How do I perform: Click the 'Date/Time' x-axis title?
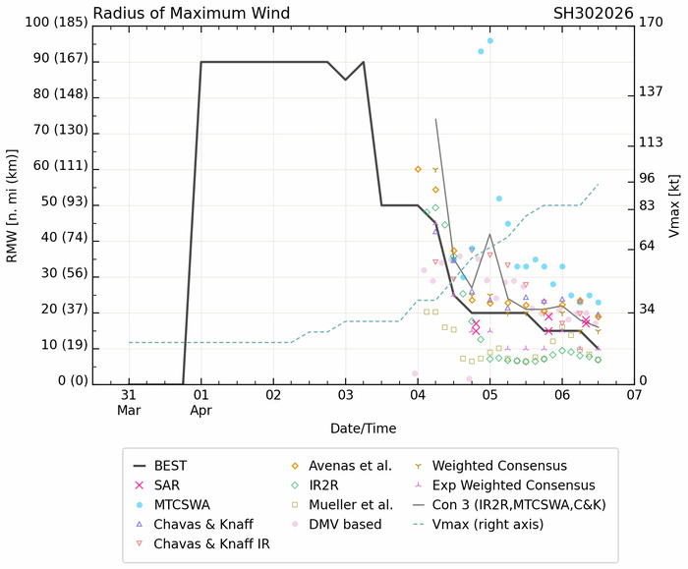[363, 428]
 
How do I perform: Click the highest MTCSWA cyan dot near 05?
[490, 40]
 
